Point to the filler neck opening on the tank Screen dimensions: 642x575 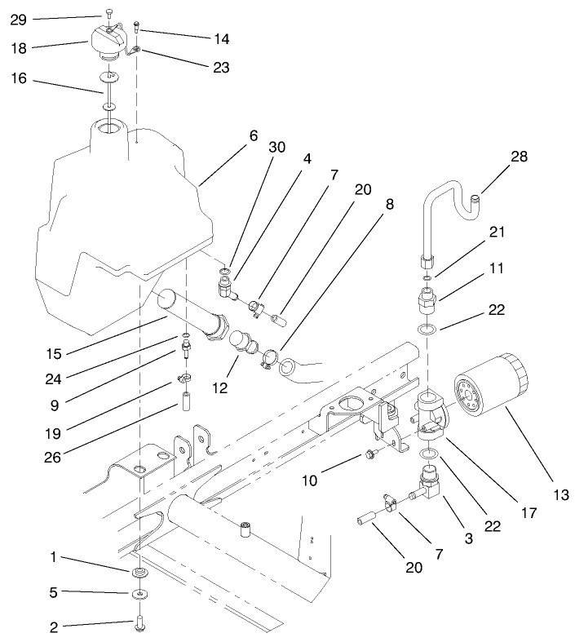pyautogui.click(x=108, y=128)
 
